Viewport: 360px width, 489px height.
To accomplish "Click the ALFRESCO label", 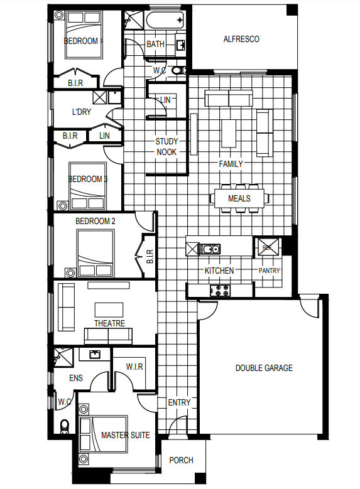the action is click(241, 39).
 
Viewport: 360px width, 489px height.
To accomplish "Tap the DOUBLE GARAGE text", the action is click(264, 368).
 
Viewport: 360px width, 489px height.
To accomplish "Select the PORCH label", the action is click(181, 460).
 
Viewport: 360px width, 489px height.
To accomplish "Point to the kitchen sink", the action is click(209, 249).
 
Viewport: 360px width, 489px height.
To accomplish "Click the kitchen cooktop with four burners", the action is click(220, 291).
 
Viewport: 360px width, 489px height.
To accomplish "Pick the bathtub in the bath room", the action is click(165, 20).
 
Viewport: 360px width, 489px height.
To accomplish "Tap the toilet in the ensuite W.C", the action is click(65, 426).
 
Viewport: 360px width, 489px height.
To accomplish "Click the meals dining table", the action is click(239, 198).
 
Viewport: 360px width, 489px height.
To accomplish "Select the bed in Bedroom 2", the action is click(95, 253).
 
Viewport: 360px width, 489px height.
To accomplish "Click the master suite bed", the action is click(103, 434).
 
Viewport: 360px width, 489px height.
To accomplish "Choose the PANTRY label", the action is click(269, 271).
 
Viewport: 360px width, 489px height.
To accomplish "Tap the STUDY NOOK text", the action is click(166, 147).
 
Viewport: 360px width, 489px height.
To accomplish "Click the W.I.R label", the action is click(134, 367).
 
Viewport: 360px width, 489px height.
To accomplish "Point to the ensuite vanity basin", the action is click(95, 355).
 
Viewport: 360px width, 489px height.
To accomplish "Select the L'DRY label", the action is click(82, 112).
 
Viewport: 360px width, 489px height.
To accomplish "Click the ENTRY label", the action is click(179, 402).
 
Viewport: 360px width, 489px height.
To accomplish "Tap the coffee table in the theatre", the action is click(109, 309).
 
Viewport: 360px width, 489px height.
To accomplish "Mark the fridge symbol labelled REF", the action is click(267, 247).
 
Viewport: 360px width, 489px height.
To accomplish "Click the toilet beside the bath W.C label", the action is click(178, 70).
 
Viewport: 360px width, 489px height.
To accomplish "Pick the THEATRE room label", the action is click(109, 323).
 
